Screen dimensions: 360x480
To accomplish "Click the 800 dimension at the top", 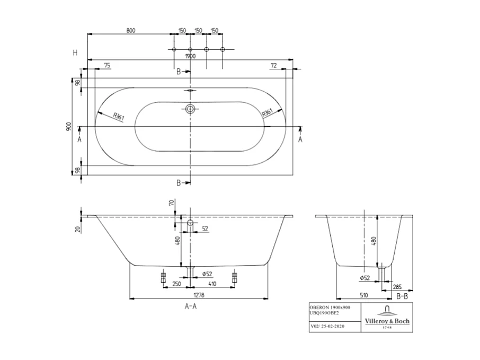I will [131, 30].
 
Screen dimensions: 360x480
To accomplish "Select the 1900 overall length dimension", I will [190, 56].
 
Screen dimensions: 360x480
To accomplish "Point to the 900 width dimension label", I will [68, 127].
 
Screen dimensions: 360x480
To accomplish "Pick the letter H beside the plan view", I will [75, 52].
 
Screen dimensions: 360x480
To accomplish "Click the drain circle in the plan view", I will [190, 110].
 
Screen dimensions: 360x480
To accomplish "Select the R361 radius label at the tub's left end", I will [114, 117].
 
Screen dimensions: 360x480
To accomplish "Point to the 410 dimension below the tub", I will [212, 284].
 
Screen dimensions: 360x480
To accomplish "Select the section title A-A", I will [191, 306].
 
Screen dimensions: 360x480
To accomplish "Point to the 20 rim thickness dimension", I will [77, 229].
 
